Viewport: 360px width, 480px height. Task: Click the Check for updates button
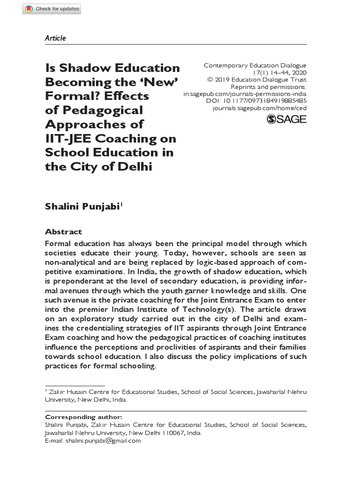[52, 9]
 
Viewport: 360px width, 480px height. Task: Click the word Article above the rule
[55, 38]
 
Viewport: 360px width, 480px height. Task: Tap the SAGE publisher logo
[286, 119]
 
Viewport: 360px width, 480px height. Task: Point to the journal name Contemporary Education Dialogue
[255, 66]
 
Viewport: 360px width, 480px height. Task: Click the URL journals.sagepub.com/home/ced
[259, 107]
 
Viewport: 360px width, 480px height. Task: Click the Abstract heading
[63, 232]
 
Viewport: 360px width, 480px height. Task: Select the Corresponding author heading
[83, 417]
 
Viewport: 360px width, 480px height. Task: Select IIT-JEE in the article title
[66, 139]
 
